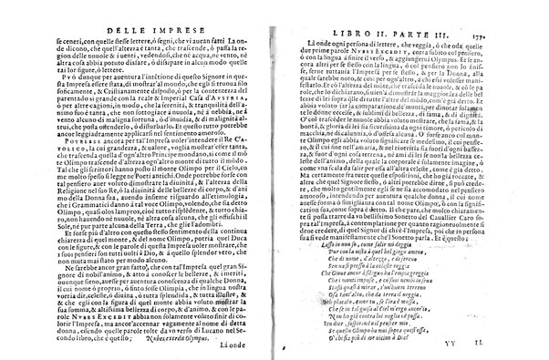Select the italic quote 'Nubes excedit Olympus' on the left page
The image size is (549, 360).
200,311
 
